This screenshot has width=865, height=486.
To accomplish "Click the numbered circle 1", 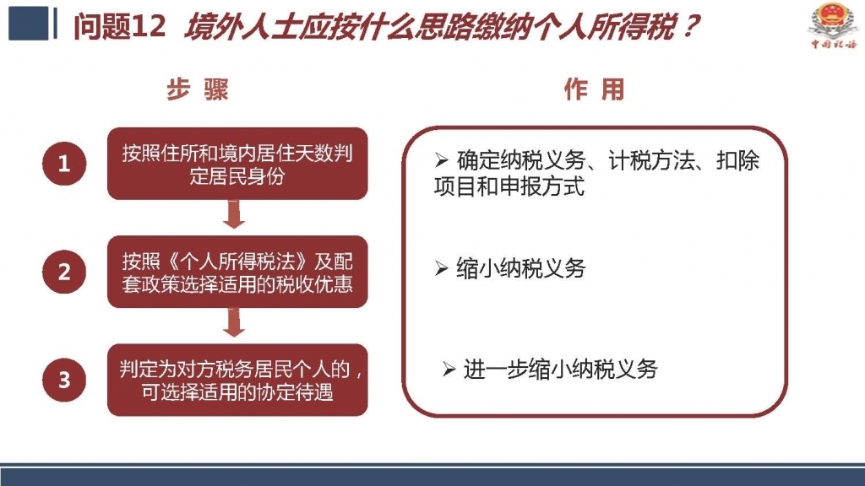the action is coord(64,164).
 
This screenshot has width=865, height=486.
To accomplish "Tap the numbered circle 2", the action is coord(64,271).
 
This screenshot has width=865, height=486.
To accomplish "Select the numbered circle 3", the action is coord(64,380).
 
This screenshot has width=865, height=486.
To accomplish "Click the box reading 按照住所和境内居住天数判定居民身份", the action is coord(237,164).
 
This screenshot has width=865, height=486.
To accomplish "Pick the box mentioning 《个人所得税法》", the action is coord(237,272).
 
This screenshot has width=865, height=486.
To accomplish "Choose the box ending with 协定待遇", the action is coord(237,380).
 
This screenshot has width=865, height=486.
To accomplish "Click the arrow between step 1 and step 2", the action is coord(234,214).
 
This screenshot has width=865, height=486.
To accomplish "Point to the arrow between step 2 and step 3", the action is coord(234,322).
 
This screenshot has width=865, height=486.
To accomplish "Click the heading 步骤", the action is coord(198,89).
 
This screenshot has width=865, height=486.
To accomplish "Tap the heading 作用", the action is coord(594,89).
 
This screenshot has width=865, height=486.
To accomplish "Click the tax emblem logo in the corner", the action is coord(832,25).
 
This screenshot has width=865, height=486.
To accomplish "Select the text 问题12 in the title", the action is coord(119,26).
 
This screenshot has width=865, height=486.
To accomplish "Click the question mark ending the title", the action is coord(689,26).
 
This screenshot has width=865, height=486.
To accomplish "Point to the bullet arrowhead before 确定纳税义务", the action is coord(441,160).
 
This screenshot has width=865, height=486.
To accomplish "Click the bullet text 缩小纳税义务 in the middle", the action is coord(520,268).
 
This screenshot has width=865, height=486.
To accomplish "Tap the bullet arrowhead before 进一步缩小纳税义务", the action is coord(449,370).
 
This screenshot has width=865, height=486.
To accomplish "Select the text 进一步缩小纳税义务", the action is coord(561,370).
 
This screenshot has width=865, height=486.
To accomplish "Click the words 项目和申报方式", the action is coord(509,186).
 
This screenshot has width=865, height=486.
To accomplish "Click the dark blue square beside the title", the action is coord(28,23).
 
